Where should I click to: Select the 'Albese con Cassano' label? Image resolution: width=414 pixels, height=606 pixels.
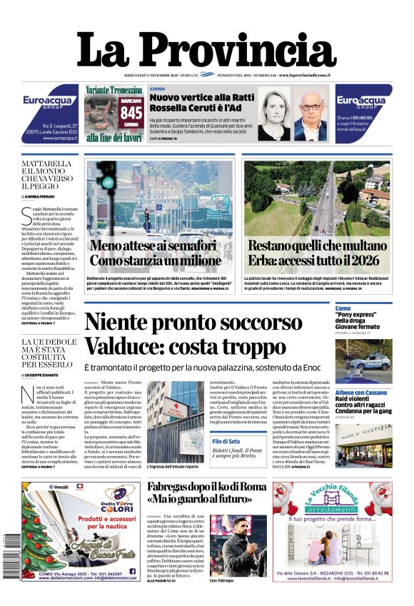click(x=363, y=393)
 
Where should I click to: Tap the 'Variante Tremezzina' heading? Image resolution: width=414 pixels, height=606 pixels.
click(x=114, y=90)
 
